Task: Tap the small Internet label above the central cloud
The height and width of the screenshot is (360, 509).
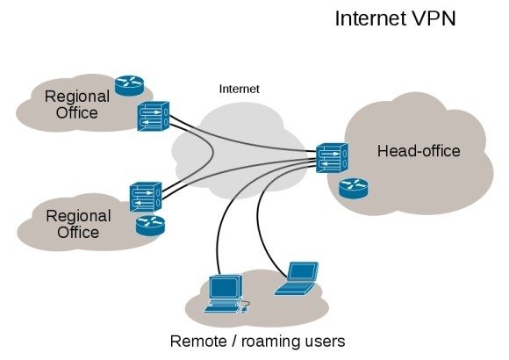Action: coord(240,89)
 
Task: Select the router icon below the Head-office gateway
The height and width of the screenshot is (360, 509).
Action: coord(355,187)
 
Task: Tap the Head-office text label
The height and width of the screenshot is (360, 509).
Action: coord(418,152)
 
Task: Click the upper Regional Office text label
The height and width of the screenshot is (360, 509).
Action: coord(77,104)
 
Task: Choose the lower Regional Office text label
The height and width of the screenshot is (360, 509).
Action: coord(78,224)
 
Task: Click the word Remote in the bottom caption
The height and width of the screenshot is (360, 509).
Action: coord(199,341)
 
